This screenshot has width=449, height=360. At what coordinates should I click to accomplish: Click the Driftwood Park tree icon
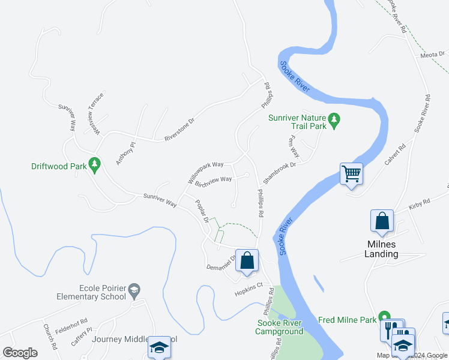point(94,164)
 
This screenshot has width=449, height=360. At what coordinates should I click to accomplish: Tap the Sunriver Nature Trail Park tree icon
point(335,120)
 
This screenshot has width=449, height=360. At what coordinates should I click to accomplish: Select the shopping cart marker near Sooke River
point(351,174)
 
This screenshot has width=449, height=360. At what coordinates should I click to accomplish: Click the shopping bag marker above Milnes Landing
point(382,221)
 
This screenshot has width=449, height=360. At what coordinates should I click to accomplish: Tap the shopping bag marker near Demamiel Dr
point(247,260)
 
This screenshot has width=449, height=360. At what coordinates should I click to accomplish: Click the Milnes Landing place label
point(382,249)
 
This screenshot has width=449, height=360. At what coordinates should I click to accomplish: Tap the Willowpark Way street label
point(205,172)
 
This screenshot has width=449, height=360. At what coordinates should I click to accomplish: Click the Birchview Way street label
point(213,180)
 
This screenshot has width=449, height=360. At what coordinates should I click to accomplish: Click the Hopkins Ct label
point(249,289)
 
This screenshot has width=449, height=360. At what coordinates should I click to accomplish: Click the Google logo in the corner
point(20,352)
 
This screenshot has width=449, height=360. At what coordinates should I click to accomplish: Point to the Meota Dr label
point(432,55)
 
